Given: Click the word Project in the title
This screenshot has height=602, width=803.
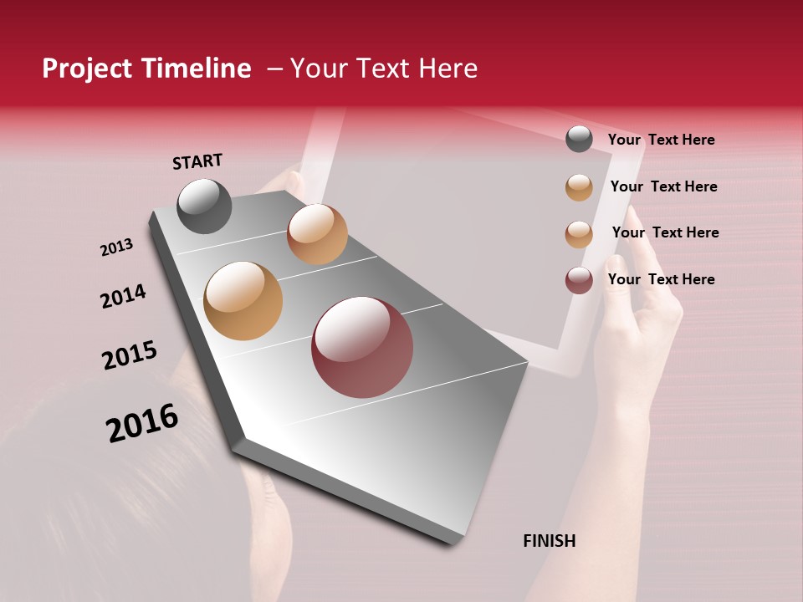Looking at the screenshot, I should pyautogui.click(x=88, y=69).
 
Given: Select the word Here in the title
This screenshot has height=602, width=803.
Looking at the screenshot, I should pyautogui.click(x=448, y=69).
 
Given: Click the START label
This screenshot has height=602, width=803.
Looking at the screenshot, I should pyautogui.click(x=197, y=161).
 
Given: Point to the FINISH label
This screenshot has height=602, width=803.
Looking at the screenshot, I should pyautogui.click(x=549, y=541).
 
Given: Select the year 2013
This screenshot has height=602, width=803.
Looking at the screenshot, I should pyautogui.click(x=116, y=247).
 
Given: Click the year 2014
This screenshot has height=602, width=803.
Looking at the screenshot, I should pyautogui.click(x=123, y=296).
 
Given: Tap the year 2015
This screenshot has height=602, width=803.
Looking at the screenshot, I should pyautogui.click(x=130, y=355).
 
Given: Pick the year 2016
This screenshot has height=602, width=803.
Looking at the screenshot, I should pyautogui.click(x=142, y=422).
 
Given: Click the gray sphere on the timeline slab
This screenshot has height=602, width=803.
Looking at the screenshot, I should pyautogui.click(x=204, y=206).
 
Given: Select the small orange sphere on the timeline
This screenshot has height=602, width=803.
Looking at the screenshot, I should pyautogui.click(x=317, y=234).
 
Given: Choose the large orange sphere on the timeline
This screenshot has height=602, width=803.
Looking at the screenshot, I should pyautogui.click(x=243, y=301).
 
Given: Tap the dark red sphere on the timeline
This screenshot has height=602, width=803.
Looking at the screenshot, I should pyautogui.click(x=362, y=347).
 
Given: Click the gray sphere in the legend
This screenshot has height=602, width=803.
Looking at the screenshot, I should pyautogui.click(x=579, y=139).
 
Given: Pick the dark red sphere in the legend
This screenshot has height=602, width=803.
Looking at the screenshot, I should pyautogui.click(x=579, y=280).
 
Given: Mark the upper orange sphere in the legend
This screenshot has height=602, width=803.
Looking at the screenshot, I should pyautogui.click(x=579, y=187).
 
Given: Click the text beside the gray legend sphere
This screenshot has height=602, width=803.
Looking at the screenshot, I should pyautogui.click(x=661, y=140).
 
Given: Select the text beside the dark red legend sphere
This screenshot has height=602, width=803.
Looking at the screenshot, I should pyautogui.click(x=661, y=279).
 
